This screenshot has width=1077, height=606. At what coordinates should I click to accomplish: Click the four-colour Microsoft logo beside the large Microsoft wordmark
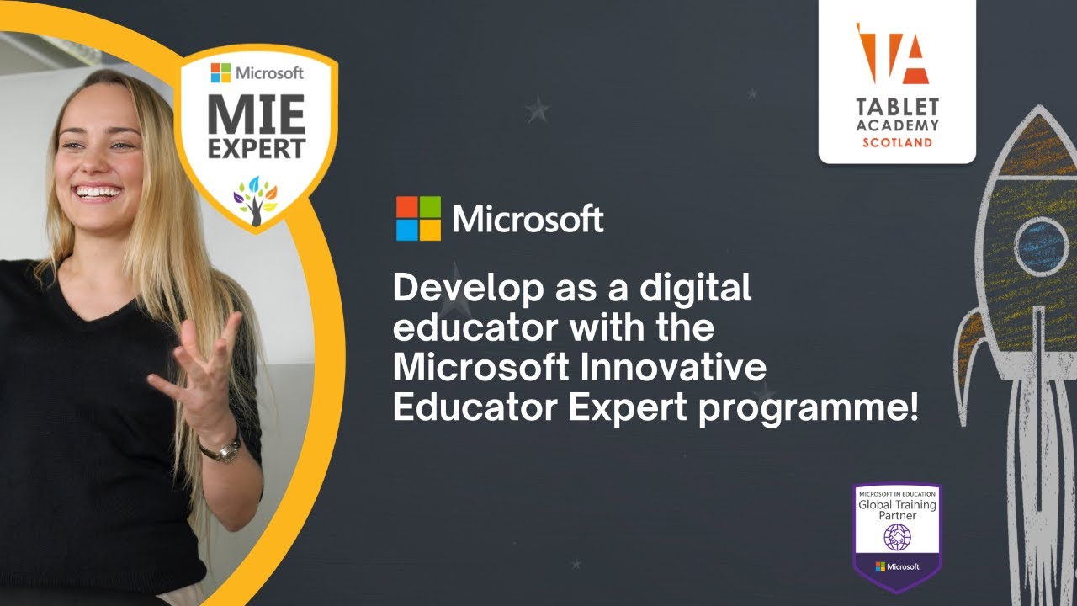418,219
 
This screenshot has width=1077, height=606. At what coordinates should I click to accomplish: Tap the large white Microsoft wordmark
528,219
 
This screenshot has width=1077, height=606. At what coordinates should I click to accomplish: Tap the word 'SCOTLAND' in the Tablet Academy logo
897,142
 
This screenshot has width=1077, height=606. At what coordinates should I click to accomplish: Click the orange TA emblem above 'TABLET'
895,54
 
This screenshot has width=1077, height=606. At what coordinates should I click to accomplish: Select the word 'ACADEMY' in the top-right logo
897,125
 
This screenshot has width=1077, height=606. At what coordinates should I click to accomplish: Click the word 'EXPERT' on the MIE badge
257,150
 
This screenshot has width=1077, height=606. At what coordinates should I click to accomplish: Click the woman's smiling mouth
98,192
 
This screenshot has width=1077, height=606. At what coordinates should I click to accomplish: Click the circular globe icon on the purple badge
896,535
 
